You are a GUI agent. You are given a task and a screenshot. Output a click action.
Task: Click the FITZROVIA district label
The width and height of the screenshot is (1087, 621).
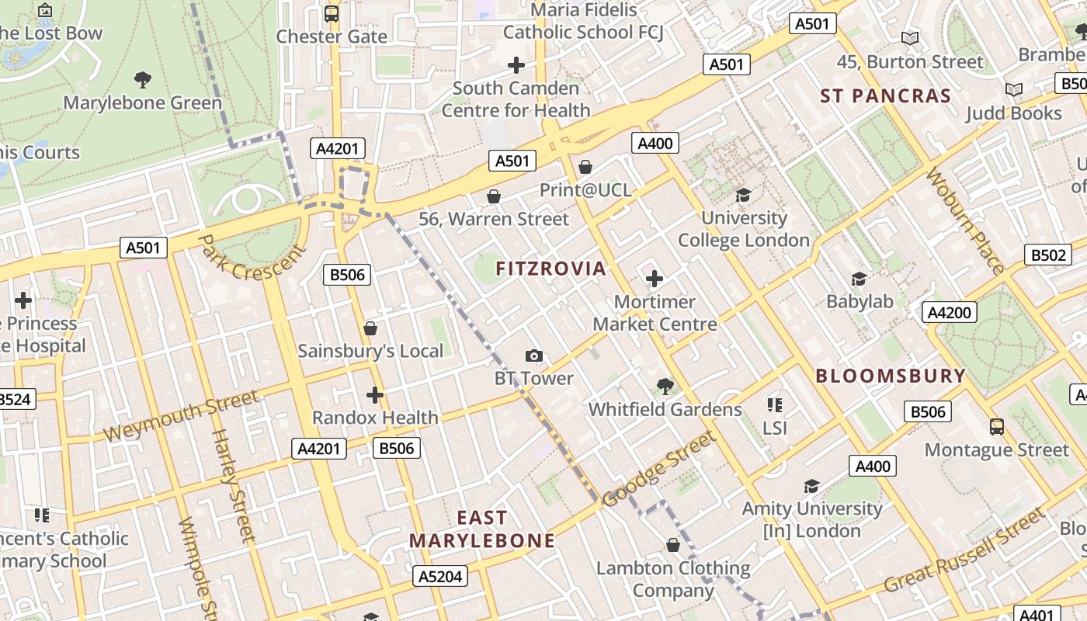550,269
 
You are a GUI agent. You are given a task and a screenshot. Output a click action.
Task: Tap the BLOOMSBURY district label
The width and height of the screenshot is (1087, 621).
891,376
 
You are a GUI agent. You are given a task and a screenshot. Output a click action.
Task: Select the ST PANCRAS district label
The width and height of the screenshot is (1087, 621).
886,96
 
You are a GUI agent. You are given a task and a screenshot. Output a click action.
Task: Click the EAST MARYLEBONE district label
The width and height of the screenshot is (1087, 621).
482,529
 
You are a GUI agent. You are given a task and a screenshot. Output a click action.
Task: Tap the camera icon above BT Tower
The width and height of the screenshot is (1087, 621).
533,356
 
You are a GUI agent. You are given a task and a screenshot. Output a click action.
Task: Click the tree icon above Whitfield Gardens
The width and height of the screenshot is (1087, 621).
665,386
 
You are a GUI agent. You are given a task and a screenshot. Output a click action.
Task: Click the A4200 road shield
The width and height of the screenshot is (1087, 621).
950,312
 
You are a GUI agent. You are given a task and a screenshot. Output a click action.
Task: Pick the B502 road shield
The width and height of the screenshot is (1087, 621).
1047,255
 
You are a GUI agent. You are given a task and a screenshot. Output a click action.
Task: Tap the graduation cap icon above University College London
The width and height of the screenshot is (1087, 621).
743,195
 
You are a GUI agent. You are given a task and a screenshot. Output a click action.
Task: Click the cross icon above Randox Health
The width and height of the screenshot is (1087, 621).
375,395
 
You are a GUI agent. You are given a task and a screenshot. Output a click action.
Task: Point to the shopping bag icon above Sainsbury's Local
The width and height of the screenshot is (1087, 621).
370,328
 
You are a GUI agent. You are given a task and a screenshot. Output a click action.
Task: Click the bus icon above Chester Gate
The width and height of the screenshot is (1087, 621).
332,13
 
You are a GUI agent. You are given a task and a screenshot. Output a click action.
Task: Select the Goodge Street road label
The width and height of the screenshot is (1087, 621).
658,469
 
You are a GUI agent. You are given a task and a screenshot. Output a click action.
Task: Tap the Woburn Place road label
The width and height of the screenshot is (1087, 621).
965,221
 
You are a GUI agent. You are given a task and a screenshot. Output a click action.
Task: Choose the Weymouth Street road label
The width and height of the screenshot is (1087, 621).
180,416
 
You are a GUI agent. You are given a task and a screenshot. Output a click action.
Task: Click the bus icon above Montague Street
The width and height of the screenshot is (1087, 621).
997,426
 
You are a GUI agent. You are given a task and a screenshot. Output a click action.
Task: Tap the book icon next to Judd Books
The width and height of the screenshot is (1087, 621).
1013,90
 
